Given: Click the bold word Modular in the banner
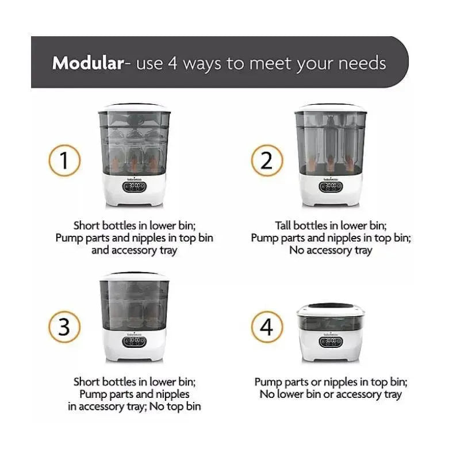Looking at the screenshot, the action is (88, 63).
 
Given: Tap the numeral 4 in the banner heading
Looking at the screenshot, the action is (172, 63).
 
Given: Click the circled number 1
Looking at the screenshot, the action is (64, 160).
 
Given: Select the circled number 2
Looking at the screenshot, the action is (267, 160).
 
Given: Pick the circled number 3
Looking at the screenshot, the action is (64, 327).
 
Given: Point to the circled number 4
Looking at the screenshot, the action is (267, 327).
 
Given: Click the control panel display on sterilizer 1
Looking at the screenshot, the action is (135, 186).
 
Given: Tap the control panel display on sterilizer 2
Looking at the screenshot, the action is (331, 186).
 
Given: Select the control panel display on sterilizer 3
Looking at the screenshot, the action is (135, 342).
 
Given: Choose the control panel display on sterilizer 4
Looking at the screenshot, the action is (331, 342).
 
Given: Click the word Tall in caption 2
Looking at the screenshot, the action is (282, 225).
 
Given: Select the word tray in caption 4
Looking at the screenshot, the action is (393, 394).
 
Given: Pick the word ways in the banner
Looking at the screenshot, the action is (202, 64).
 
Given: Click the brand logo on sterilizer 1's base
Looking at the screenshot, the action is (135, 179).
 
